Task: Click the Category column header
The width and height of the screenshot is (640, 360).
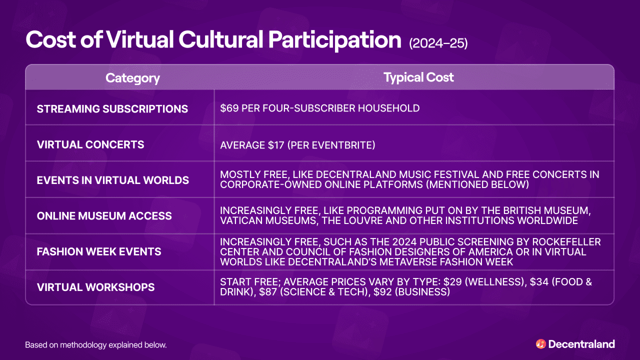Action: (x=132, y=78)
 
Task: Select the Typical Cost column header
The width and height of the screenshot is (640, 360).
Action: (x=418, y=77)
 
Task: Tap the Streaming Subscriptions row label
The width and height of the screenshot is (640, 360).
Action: (x=112, y=108)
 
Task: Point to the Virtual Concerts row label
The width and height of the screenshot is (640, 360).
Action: (x=90, y=144)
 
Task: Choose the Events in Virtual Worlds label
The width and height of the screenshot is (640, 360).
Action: (x=113, y=180)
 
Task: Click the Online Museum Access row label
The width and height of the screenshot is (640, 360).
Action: (x=104, y=216)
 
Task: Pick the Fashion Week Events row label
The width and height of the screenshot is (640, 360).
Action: (x=99, y=251)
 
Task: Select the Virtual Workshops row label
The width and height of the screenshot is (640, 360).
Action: (x=96, y=287)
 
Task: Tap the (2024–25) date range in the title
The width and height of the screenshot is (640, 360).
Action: (x=438, y=43)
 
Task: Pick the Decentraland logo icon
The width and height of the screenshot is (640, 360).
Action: (x=540, y=344)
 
